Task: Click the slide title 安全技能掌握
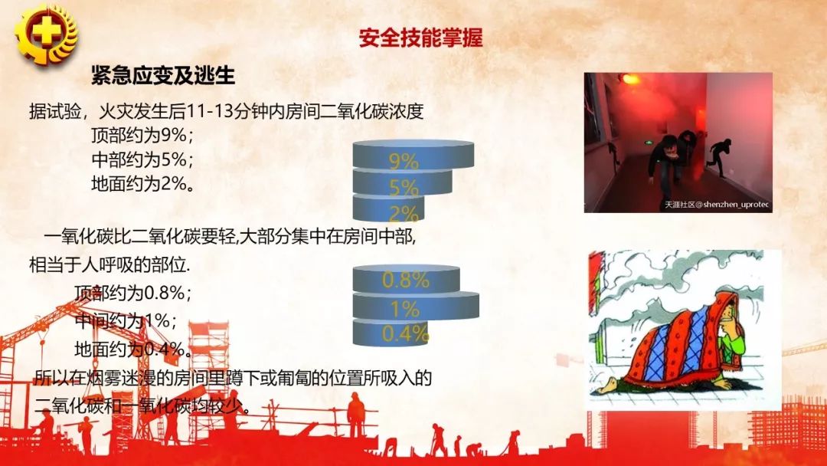coord(420,38)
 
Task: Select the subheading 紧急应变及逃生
coord(162,75)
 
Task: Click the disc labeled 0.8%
coord(406,279)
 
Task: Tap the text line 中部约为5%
coord(141,160)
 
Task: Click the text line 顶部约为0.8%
coord(132,293)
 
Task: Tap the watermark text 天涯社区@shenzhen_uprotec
coord(716,205)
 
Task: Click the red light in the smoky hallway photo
coord(629,79)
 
